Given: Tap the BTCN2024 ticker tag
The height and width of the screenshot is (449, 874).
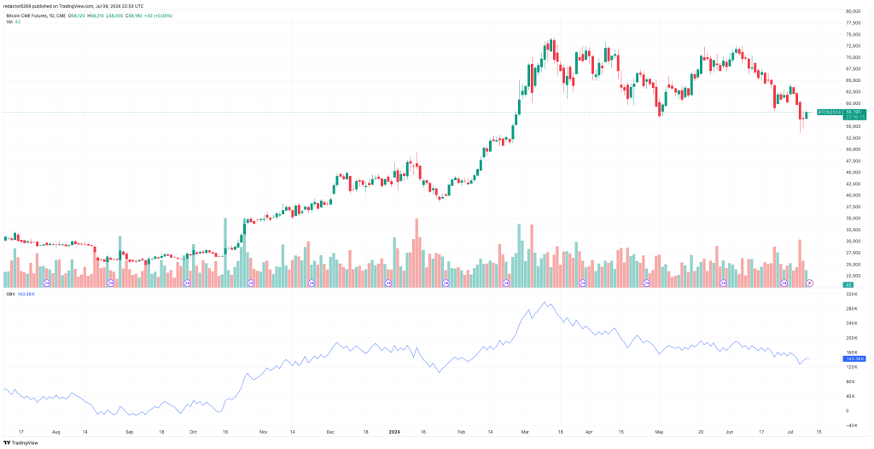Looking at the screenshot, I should click(829, 112).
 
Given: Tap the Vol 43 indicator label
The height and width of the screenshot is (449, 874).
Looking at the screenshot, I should click(13, 22).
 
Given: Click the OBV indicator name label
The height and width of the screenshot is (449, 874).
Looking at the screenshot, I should click(10, 294).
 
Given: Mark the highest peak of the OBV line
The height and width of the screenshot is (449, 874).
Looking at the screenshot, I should click(546, 302).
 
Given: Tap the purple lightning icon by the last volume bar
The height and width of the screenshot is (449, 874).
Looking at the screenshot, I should click(809, 282).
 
